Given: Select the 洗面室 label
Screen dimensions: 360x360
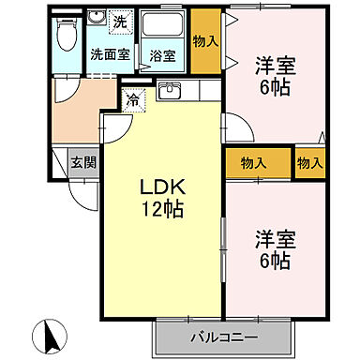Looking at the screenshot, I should [x=110, y=54].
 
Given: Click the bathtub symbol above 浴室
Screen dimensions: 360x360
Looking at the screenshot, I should [x=163, y=26].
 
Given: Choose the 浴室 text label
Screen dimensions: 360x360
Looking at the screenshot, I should [x=162, y=55].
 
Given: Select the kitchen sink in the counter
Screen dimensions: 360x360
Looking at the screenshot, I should [x=169, y=91].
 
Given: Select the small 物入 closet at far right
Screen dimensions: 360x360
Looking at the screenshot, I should [x=309, y=162].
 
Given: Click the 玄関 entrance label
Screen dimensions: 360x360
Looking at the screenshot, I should [x=84, y=163].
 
